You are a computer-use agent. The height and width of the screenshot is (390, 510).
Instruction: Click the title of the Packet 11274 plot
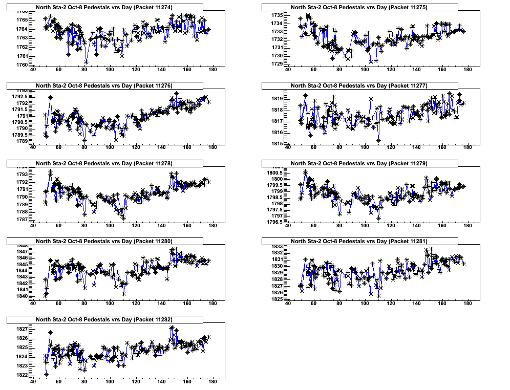pyautogui.click(x=104, y=7)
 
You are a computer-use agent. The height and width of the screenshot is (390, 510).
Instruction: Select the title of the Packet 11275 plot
pyautogui.click(x=359, y=7)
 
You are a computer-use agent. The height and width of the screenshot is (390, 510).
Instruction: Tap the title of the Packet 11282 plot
pyautogui.click(x=104, y=319)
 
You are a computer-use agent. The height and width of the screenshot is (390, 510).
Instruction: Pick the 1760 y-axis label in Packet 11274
pyautogui.click(x=22, y=65)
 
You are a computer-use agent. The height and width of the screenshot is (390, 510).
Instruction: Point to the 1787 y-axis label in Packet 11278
pyautogui.click(x=22, y=220)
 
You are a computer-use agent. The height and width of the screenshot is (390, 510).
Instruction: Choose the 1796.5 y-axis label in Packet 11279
pyautogui.click(x=272, y=222)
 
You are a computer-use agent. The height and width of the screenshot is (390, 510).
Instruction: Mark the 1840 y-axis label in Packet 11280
pyautogui.click(x=22, y=296)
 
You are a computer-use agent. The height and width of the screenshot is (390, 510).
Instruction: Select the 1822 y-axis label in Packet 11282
pyautogui.click(x=22, y=375)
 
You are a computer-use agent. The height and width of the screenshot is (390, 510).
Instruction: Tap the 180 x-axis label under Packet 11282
pyautogui.click(x=214, y=381)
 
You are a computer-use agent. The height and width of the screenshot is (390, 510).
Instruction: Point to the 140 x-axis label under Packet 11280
pyautogui.click(x=162, y=304)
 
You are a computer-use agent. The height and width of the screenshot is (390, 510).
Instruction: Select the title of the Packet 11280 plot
pyautogui.click(x=104, y=241)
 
